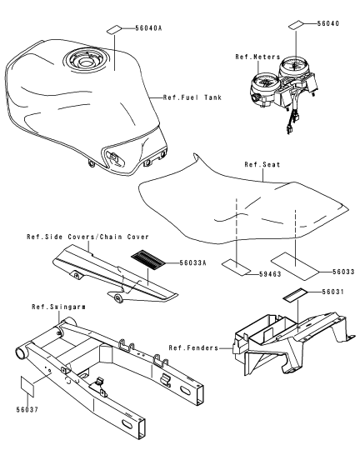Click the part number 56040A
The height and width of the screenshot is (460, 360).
pyautogui.click(x=148, y=28)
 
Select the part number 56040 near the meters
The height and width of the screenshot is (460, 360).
pyautogui.click(x=328, y=23)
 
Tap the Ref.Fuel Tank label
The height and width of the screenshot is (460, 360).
pyautogui.click(x=192, y=97)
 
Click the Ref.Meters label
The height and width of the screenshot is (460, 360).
pyautogui.click(x=257, y=57)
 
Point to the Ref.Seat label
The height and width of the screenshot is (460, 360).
pyautogui.click(x=262, y=164)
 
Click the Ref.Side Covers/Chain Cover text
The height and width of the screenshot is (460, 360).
pyautogui.click(x=87, y=237)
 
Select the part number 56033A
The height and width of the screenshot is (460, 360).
pyautogui.click(x=192, y=262)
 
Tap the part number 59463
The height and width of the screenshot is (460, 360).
pyautogui.click(x=270, y=274)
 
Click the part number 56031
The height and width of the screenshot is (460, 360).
pyautogui.click(x=333, y=292)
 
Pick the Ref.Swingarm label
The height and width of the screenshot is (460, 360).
pyautogui.click(x=58, y=307)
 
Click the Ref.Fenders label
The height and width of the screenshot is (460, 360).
pyautogui.click(x=193, y=348)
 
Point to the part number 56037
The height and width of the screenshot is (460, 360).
pyautogui.click(x=27, y=409)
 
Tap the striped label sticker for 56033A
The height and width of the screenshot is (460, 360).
pyautogui.click(x=148, y=260)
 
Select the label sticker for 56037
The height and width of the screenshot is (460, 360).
pyautogui.click(x=27, y=387)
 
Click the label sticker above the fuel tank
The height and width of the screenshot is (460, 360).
pyautogui.click(x=114, y=29)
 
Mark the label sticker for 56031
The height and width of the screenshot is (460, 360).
pyautogui.click(x=295, y=294)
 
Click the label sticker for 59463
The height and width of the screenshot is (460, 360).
pyautogui.click(x=236, y=267)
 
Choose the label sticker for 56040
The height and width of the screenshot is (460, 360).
pyautogui.click(x=296, y=25)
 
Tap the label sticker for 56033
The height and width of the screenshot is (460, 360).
pyautogui.click(x=294, y=266)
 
